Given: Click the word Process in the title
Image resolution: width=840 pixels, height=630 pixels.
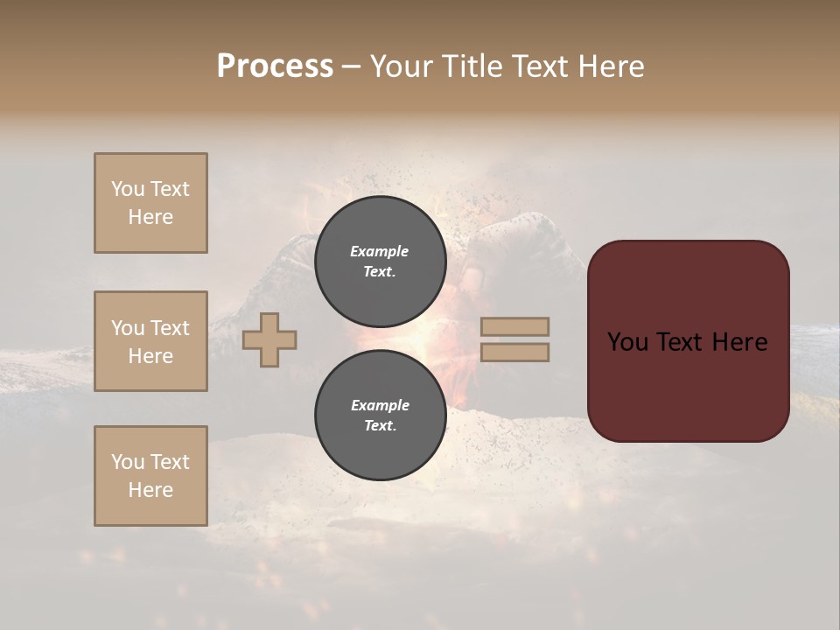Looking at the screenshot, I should (275, 66).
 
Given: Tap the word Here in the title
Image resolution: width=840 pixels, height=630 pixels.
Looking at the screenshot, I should (610, 66).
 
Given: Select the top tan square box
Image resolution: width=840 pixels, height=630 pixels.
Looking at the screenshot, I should (150, 203).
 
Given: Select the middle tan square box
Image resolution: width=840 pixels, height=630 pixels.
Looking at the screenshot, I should (150, 341).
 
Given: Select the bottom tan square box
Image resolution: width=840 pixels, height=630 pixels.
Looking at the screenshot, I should (150, 476).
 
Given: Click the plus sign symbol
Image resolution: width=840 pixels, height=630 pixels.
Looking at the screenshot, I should (269, 339).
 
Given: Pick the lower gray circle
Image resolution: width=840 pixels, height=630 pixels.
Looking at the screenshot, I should (380, 416).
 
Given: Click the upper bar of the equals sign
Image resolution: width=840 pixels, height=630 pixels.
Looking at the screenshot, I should (514, 326).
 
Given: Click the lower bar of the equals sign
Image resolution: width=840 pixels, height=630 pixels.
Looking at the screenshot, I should (514, 352).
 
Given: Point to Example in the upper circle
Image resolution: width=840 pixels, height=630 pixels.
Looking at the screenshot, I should (379, 251).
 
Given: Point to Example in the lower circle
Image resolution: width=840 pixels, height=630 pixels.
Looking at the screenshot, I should (379, 405).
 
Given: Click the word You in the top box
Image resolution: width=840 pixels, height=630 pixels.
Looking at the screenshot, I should (128, 189).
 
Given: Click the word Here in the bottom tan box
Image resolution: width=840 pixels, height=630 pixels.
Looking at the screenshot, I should (150, 490).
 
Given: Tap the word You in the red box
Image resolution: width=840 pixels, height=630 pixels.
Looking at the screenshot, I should (627, 342).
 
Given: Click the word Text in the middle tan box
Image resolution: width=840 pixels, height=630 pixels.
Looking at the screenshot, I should (170, 328).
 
